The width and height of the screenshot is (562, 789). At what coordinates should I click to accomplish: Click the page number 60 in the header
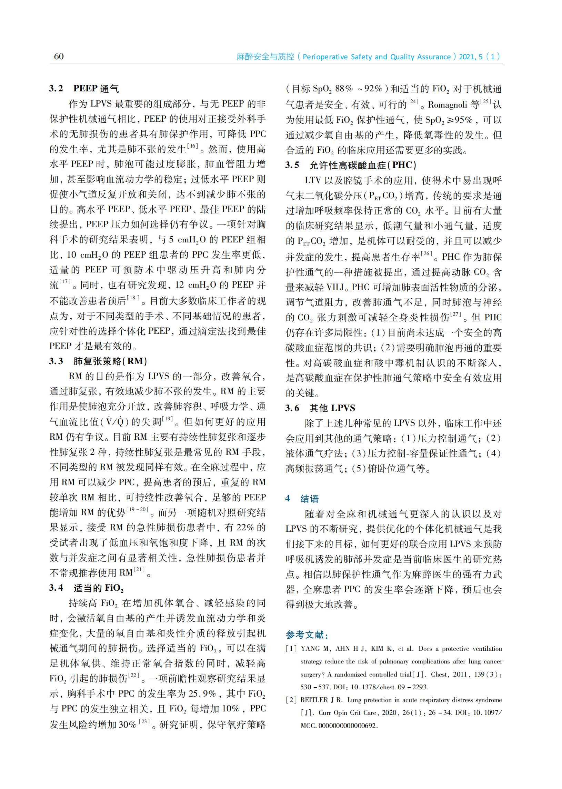(59, 57)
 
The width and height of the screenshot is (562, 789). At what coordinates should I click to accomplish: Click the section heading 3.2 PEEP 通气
(84, 89)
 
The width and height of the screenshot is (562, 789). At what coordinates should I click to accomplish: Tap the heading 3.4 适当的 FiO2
(86, 588)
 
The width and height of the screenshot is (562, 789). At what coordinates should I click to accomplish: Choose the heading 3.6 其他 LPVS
(320, 408)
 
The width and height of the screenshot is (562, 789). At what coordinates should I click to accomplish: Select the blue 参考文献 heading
(307, 635)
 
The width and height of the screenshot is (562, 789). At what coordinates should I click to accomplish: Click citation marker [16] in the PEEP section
(192, 146)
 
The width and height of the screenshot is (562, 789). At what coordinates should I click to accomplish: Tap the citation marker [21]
(139, 570)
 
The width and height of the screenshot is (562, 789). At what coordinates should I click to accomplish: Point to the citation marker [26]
(426, 254)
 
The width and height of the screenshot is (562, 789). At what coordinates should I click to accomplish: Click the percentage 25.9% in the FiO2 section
(202, 693)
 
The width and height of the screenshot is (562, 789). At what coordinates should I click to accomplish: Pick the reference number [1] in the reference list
(291, 649)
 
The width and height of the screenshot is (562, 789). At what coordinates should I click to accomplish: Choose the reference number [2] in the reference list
(291, 700)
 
